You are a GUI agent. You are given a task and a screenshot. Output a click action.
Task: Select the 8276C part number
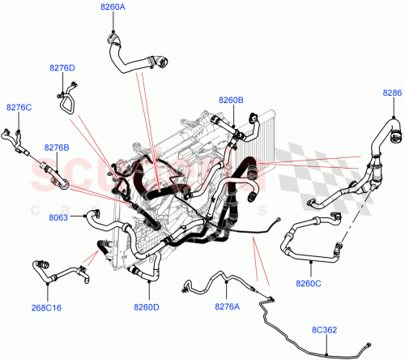pyautogui.click(x=19, y=107)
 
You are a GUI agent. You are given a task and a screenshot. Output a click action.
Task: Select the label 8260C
pyautogui.click(x=309, y=284)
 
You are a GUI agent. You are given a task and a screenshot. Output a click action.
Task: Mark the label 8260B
pyautogui.click(x=230, y=100)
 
